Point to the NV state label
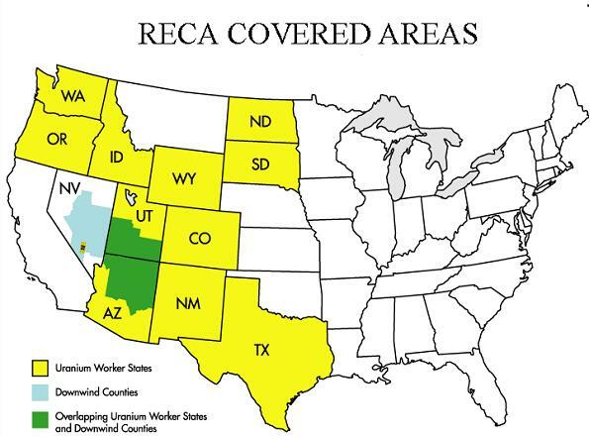point(68,185)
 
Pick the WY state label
point(182,179)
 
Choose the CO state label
point(199,239)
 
